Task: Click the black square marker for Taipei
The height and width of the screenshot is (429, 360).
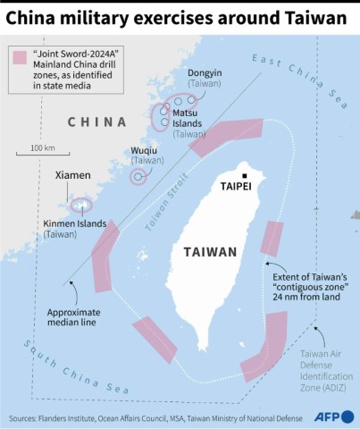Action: [244, 175]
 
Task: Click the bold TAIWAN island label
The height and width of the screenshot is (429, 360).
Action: [210, 252]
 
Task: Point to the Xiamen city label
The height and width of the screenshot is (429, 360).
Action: [73, 178]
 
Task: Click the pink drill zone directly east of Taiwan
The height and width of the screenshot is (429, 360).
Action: [272, 239]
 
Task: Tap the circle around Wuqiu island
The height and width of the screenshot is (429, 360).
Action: [138, 176]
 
